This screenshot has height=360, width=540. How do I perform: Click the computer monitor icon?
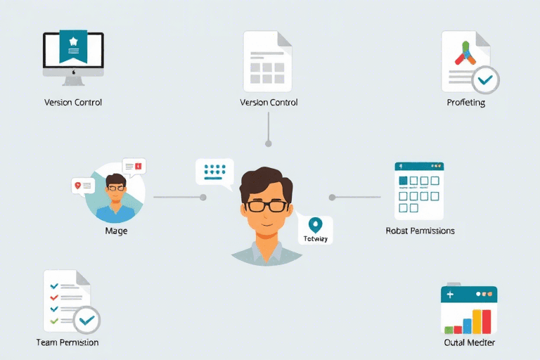coord(73,54)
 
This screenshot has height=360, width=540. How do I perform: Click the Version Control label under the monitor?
coord(73,103)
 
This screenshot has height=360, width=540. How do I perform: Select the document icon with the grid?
coord(267,62)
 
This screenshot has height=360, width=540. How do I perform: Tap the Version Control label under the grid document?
coord(269,103)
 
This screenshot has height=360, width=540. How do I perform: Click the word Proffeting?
coord(466,103)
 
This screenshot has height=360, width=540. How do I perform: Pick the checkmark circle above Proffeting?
coord(484,79)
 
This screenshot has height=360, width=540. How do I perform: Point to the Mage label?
coord(116,231)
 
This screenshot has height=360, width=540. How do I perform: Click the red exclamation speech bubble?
coord(134,167)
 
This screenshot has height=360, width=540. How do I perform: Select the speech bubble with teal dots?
coord(214,171)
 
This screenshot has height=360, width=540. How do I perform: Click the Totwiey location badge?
coord(314,229)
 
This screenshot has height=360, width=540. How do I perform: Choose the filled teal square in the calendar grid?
coord(404,181)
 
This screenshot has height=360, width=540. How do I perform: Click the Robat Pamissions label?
coord(420,231)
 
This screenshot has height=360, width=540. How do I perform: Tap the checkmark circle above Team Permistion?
coord(86,320)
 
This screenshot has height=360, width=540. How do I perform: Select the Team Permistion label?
coord(67,342)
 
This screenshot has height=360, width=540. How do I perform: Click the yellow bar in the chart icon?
coord(477,323)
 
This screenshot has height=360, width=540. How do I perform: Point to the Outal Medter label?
coord(470,342)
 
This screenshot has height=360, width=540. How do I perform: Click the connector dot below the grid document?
coord(268,143)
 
